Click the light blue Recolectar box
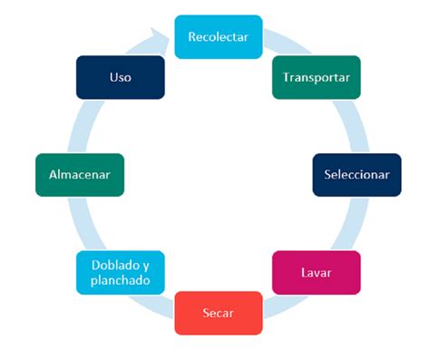tap(218, 37)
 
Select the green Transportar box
tap(317, 78)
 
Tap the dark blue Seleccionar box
tap(357, 174)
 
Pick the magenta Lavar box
tap(317, 272)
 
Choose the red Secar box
tap(218, 313)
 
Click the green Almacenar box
tap(79, 174)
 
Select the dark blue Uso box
tap(121, 78)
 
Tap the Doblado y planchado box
tap(121, 272)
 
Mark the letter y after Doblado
tap(145, 266)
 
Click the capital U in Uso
tap(112, 78)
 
